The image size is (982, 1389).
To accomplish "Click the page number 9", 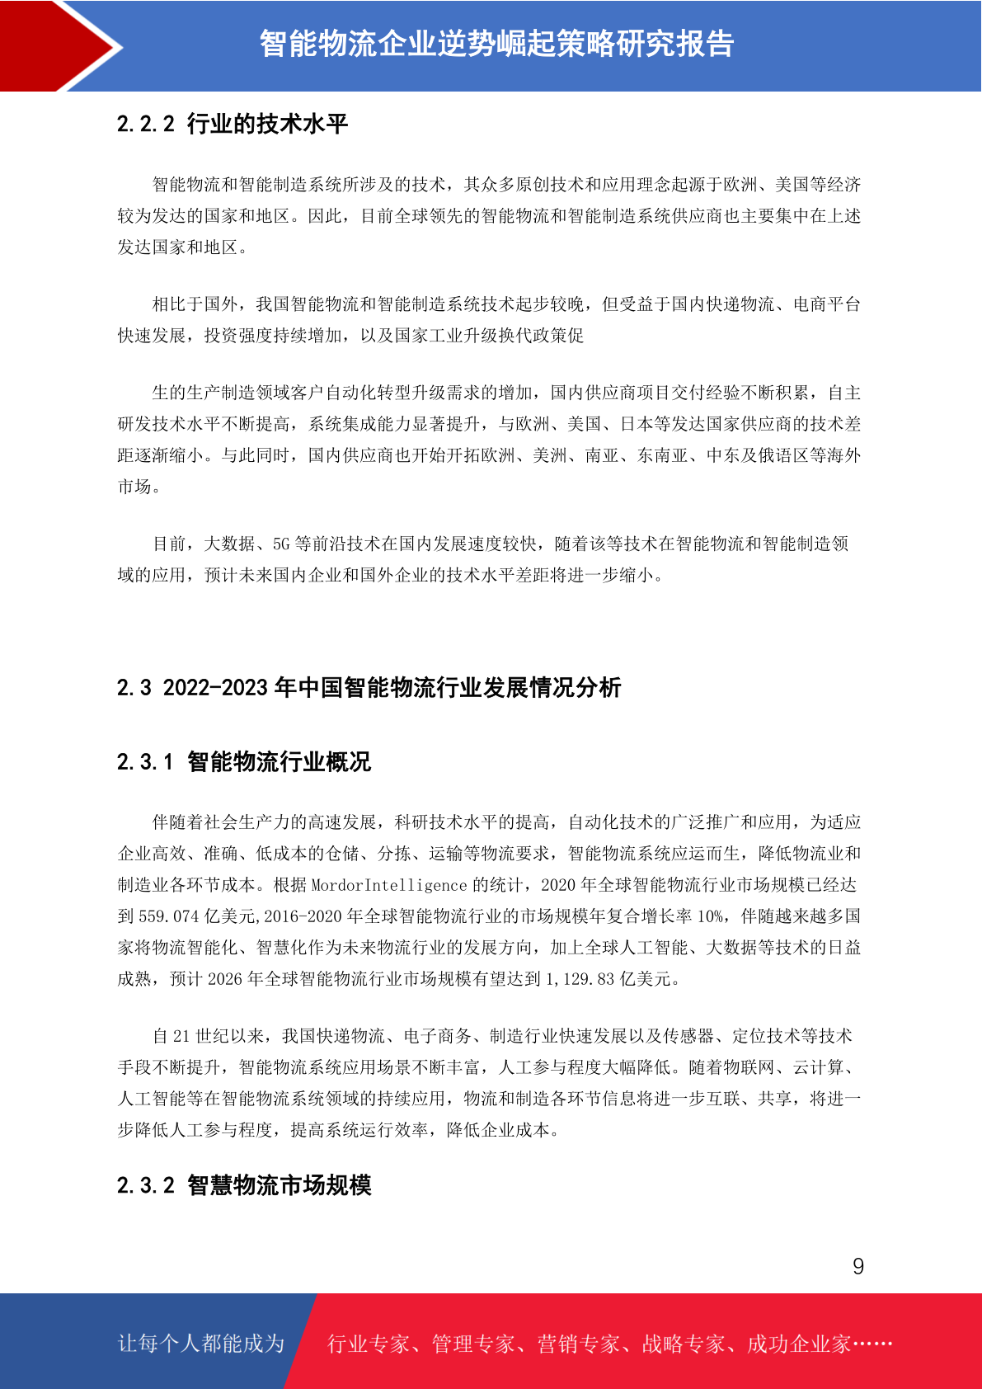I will click(x=857, y=1266).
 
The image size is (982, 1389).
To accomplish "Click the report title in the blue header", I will click(x=496, y=44).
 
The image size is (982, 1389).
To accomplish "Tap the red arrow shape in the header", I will click(x=58, y=45).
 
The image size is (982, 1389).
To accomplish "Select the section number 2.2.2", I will click(x=146, y=125).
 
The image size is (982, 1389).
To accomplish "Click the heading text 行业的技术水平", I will click(x=267, y=125).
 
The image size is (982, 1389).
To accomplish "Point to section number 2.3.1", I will click(x=145, y=761).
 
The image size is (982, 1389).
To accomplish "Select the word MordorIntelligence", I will click(x=389, y=885).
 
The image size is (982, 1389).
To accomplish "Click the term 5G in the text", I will click(x=282, y=544).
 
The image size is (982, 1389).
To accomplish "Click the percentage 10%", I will click(x=710, y=916).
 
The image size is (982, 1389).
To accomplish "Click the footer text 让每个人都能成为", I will click(x=201, y=1344).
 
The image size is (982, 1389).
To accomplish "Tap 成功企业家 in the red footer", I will click(x=798, y=1344).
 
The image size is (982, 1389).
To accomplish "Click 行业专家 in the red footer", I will click(x=369, y=1344).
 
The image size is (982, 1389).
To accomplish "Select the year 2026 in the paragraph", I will click(x=225, y=979).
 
